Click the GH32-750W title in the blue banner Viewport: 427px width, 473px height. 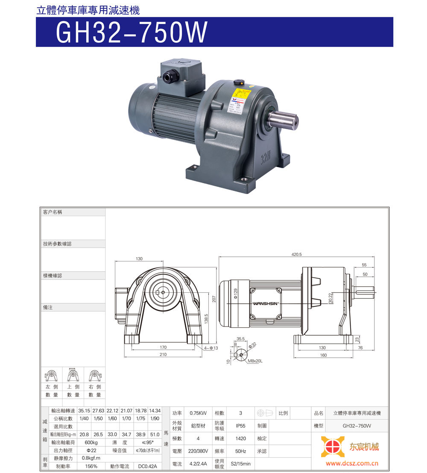pos(132,32)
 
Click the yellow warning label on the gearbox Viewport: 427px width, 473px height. pos(241,100)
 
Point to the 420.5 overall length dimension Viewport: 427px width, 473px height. pos(296,254)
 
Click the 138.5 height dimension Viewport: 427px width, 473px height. pos(207,319)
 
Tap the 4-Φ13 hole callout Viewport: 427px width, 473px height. pos(211,348)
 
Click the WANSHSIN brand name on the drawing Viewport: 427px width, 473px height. pos(266,303)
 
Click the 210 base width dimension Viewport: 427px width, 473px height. pos(163,354)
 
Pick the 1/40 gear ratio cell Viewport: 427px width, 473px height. pos(84,418)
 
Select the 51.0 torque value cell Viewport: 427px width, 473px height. pos(155,434)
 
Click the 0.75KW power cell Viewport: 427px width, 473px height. pos(198,413)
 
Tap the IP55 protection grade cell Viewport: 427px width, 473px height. pos(240,426)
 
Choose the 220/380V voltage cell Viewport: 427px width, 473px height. pos(198,451)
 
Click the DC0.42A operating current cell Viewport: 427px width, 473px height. pos(147,466)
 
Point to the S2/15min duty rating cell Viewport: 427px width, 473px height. pos(240,464)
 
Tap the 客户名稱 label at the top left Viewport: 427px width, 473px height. pos(53,212)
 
